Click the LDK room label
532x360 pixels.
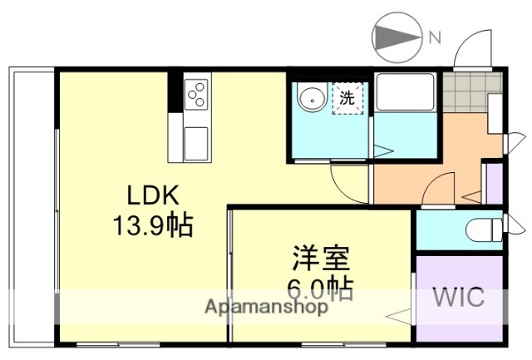[153, 195]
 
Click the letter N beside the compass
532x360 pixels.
[435, 37]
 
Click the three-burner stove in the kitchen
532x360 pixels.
[198, 95]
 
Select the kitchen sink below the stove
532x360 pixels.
[197, 143]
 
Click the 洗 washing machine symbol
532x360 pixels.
[347, 97]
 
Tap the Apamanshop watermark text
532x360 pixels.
[266, 307]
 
